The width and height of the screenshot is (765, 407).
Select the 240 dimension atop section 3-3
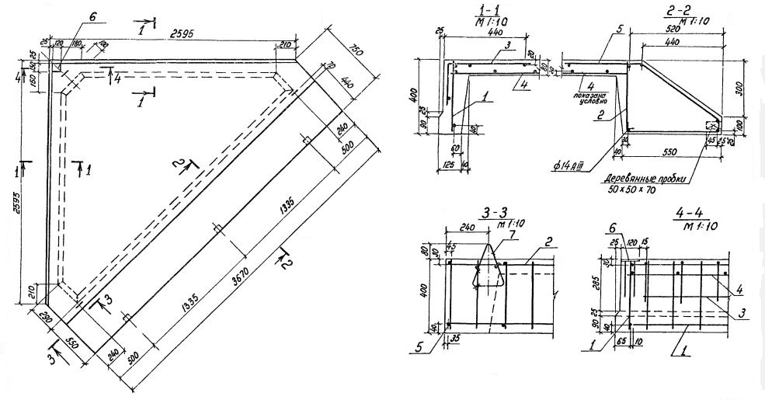click(x=469, y=231)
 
